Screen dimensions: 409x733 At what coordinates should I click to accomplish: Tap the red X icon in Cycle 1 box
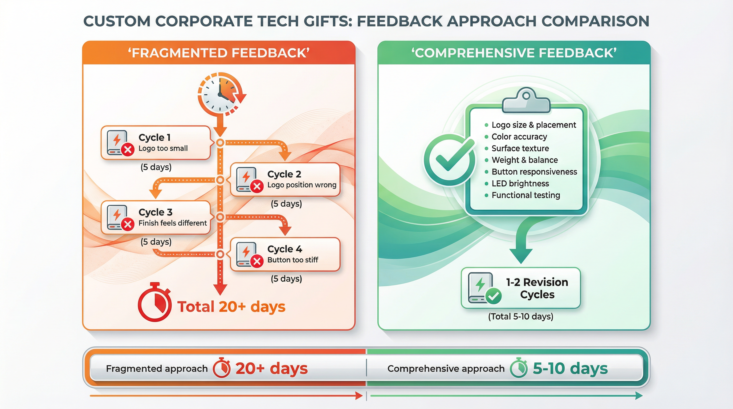click(x=128, y=149)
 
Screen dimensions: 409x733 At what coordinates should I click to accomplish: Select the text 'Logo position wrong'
click(x=302, y=185)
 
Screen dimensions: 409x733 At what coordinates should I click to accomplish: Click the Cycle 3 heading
click(x=155, y=212)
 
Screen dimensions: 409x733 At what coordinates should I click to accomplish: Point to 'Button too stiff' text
click(x=292, y=260)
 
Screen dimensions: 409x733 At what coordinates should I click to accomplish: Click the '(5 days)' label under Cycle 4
click(x=286, y=279)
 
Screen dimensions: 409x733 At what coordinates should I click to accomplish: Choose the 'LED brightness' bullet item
click(x=520, y=183)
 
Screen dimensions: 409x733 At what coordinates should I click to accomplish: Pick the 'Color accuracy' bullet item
click(x=519, y=137)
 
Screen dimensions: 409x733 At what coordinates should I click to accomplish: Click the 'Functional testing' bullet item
click(x=526, y=195)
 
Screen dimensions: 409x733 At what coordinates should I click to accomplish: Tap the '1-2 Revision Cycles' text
click(x=537, y=288)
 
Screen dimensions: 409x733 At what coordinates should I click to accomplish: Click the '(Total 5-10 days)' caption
click(x=520, y=316)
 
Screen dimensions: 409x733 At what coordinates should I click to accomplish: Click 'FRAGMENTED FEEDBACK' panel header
click(x=218, y=53)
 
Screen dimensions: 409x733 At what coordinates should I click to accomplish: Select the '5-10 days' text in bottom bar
click(x=570, y=368)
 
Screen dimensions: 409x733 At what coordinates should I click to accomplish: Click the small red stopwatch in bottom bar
click(x=221, y=368)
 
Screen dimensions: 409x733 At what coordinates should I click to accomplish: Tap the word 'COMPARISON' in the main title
click(x=595, y=21)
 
